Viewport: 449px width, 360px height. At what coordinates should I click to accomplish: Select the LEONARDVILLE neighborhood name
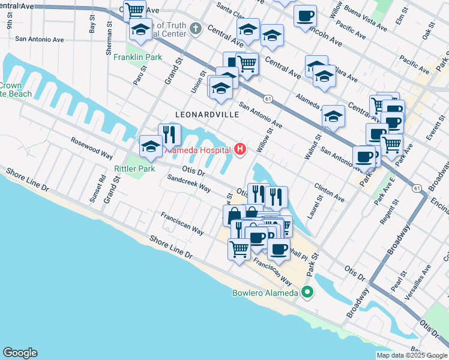click(x=202, y=113)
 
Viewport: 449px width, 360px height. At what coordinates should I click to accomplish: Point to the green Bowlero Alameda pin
click(x=307, y=293)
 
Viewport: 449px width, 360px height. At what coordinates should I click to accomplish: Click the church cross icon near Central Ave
click(x=196, y=28)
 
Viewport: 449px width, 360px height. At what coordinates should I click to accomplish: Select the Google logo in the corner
click(x=20, y=353)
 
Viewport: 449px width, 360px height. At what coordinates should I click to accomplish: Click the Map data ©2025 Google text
click(x=411, y=355)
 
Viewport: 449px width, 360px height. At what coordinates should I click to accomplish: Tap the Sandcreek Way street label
click(x=188, y=184)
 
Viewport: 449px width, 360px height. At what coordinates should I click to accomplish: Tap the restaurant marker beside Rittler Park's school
click(x=170, y=134)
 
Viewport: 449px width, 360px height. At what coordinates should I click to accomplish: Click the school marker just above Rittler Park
click(x=150, y=146)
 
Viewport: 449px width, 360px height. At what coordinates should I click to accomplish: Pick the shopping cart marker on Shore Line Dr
click(x=240, y=247)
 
